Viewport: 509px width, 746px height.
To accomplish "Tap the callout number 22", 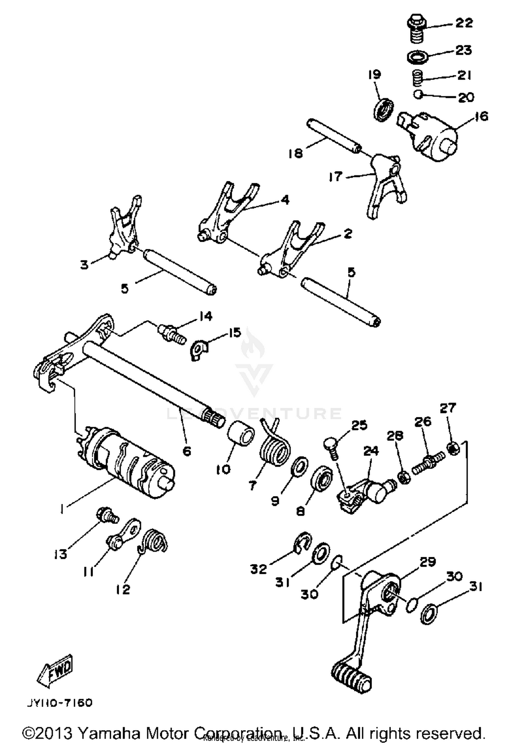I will coord(464,23).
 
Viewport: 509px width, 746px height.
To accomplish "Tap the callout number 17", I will coord(335,177).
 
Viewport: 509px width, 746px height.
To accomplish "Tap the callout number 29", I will coord(427,562).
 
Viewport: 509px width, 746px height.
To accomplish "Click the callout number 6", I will coord(187,451).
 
